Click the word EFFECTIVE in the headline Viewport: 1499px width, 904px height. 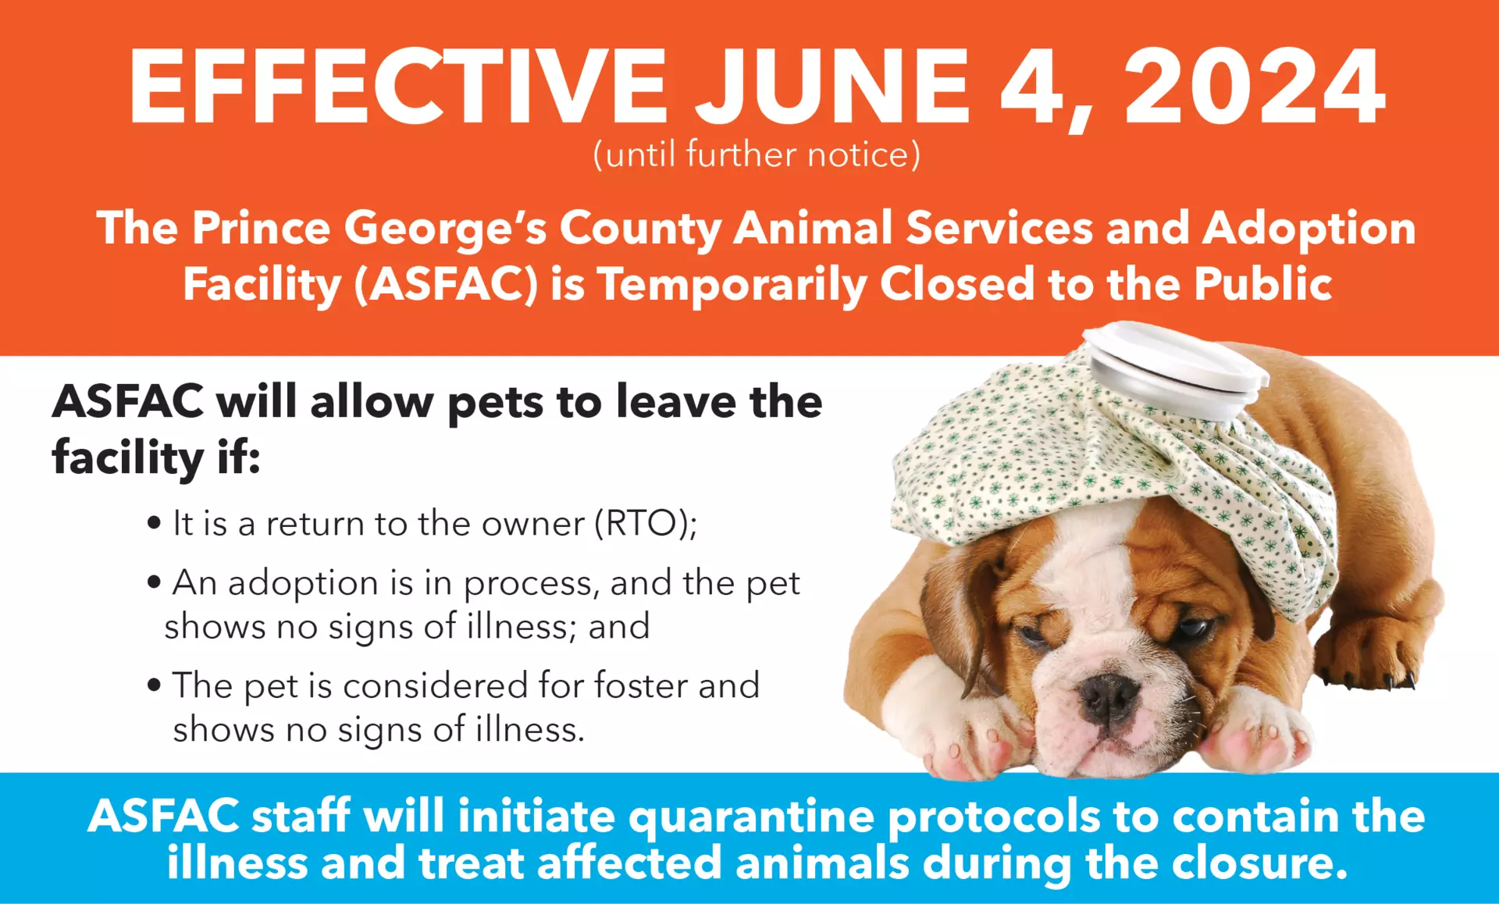coord(398,86)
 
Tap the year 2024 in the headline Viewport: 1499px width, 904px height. coord(1255,86)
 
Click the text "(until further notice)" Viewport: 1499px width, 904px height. coord(757,154)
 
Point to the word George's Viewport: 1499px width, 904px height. coord(445,230)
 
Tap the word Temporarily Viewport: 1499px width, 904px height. coord(732,284)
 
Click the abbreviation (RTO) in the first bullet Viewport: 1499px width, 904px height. coord(645,523)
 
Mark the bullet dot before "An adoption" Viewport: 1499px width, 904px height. coord(155,582)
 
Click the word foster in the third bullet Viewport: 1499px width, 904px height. coord(641,685)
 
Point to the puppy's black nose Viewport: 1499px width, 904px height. coord(1107,696)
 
